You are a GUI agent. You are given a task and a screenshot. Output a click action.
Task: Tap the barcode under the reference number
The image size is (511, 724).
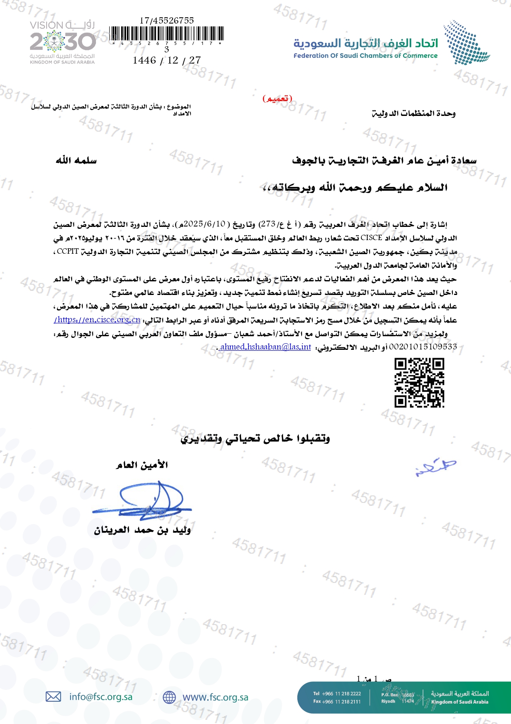pos(167,33)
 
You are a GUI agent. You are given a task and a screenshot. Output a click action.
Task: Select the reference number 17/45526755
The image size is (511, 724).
pos(166,21)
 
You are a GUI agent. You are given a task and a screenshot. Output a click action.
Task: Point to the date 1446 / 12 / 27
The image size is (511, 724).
pos(166,60)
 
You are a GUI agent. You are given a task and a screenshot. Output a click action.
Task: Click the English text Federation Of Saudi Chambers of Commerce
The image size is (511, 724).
pos(366,56)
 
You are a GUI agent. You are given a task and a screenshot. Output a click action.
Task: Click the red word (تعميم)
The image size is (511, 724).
pos(277,98)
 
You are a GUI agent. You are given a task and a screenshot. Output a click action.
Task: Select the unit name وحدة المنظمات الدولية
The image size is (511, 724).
pos(413,113)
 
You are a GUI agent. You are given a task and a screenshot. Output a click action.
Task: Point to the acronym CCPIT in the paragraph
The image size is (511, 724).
pos(68,251)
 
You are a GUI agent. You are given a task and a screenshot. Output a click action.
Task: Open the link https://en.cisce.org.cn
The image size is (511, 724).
pos(97,320)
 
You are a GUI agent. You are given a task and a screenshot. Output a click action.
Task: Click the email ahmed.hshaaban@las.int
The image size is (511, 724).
pos(265,347)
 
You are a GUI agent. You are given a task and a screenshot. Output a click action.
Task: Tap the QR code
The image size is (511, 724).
pos(419,383)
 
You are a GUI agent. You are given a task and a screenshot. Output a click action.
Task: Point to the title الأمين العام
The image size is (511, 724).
pos(142,465)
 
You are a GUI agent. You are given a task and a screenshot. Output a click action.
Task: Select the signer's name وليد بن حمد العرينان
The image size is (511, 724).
pos(142,530)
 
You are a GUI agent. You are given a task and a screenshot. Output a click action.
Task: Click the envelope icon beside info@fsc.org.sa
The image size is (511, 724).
pos(53,697)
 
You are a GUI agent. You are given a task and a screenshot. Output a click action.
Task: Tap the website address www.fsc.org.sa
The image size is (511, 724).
pos(215,697)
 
